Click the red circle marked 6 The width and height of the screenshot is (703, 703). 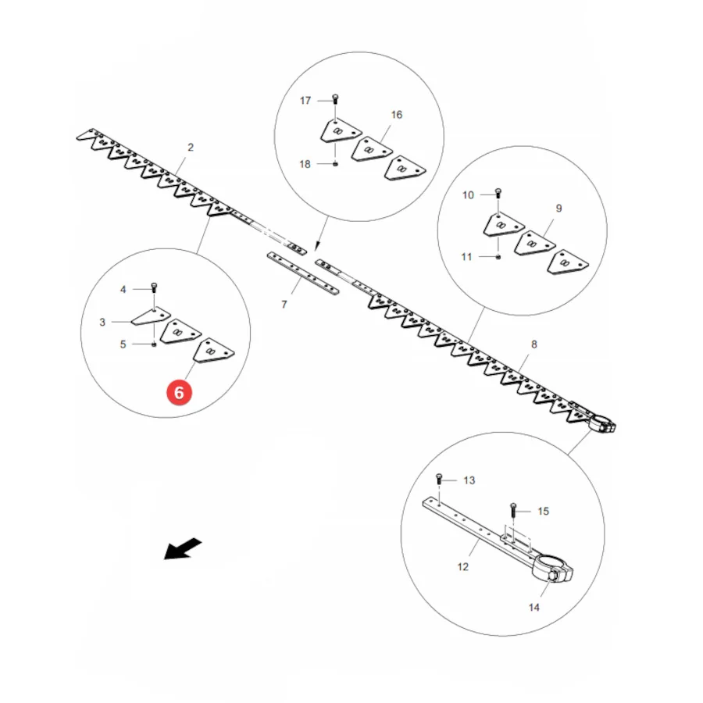click(x=180, y=393)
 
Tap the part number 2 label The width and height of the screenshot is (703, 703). click(x=191, y=148)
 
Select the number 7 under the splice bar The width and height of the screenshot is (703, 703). click(x=284, y=305)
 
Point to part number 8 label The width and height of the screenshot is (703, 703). click(x=534, y=344)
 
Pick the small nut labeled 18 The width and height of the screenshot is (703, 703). click(x=335, y=164)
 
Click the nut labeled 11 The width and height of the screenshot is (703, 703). click(x=498, y=257)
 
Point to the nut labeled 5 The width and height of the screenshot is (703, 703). click(x=154, y=344)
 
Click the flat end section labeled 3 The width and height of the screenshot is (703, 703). click(x=151, y=316)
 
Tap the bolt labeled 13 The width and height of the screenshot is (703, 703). click(x=439, y=480)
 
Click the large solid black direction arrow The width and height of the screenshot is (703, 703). click(x=183, y=548)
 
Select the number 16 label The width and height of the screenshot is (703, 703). click(x=397, y=115)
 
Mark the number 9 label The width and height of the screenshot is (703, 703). click(x=558, y=209)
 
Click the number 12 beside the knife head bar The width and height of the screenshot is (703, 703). click(x=463, y=567)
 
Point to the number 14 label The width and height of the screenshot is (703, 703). click(x=534, y=608)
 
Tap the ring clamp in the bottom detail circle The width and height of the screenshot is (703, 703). click(x=552, y=569)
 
